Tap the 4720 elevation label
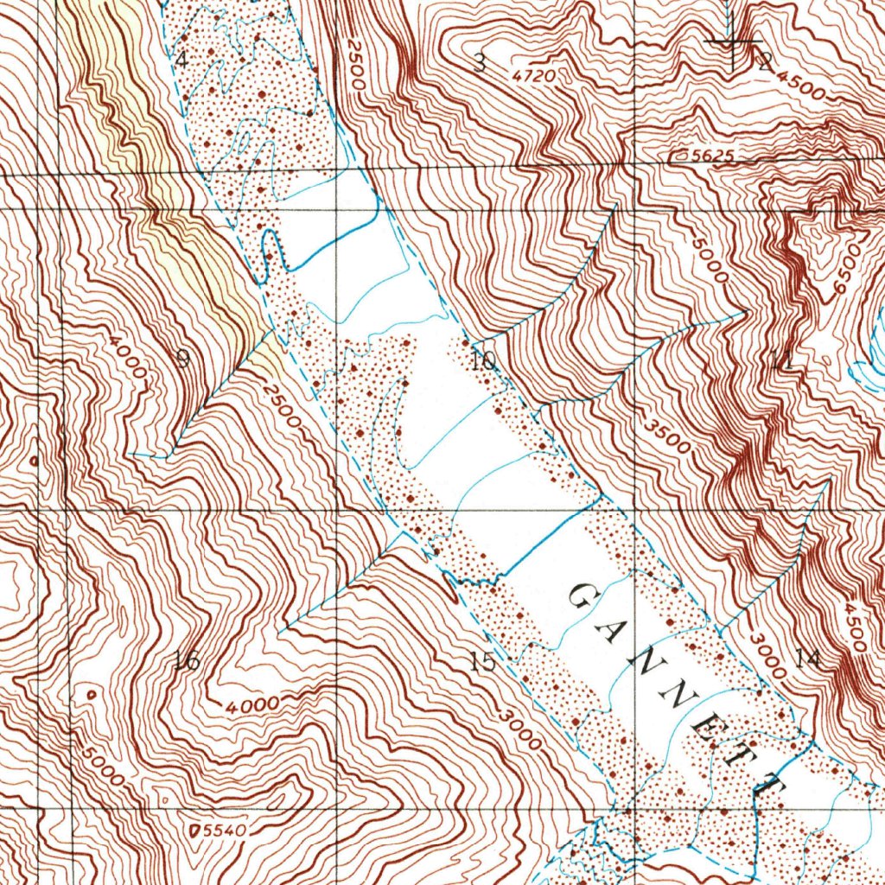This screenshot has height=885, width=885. (533, 76)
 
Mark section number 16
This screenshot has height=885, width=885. (186, 662)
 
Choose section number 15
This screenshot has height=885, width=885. (484, 662)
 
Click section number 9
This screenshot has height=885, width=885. (182, 359)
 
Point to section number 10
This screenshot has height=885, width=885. (484, 360)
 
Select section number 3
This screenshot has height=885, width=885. (480, 61)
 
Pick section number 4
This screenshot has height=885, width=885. (181, 60)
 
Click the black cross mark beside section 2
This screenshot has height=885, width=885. (733, 41)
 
